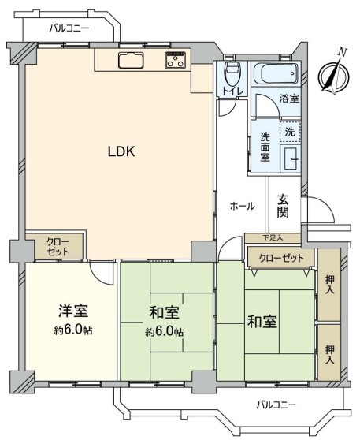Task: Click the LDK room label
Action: click(x=121, y=152)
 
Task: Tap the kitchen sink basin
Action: click(x=131, y=60)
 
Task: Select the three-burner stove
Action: click(x=176, y=60)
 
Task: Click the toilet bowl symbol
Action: click(x=232, y=74)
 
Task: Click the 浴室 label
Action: click(x=289, y=99)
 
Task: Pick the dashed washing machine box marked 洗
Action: click(x=290, y=132)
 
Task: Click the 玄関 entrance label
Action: click(x=283, y=207)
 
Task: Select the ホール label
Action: click(x=243, y=207)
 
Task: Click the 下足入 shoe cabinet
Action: click(x=273, y=238)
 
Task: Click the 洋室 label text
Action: click(x=73, y=311)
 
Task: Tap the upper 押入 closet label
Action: click(x=330, y=285)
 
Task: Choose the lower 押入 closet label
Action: click(x=330, y=355)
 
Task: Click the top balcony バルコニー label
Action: click(x=69, y=28)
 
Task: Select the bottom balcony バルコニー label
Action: click(x=276, y=405)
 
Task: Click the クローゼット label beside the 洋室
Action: click(x=58, y=247)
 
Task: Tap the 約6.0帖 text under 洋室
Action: click(x=73, y=330)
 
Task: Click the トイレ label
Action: click(x=232, y=91)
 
